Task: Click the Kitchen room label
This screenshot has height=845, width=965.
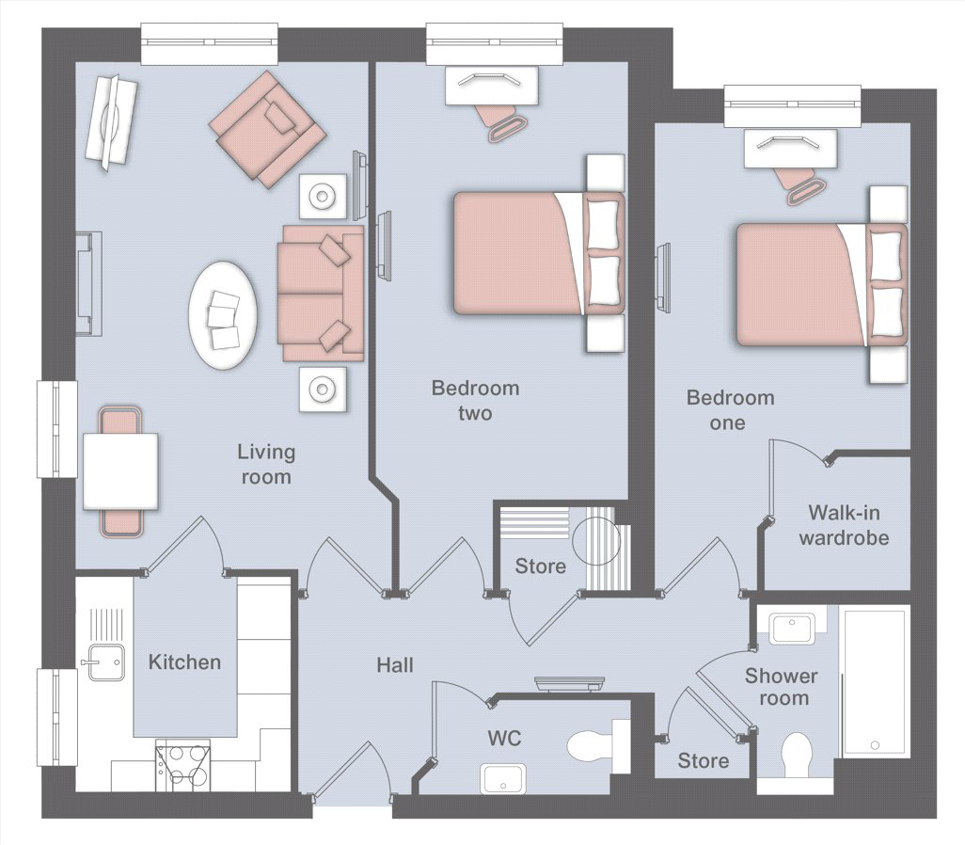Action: pos(184,662)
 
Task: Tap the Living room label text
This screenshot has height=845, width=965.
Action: pos(266,465)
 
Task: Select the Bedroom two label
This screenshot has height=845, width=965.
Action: pos(475,400)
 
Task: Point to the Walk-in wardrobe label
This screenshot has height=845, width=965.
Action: pos(844,525)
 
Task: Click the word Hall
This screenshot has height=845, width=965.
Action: pos(395,665)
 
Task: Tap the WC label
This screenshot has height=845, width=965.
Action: pos(505,738)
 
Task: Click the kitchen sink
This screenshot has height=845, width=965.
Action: pos(106,662)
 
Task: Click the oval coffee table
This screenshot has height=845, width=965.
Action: pos(223,315)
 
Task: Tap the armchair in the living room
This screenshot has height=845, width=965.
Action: pos(267,128)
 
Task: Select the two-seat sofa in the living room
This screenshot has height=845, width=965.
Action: pos(321,294)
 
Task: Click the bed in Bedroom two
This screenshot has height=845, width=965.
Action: pos(539,253)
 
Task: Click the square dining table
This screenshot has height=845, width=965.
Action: pos(120,471)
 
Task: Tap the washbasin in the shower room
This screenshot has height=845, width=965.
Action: pos(791,629)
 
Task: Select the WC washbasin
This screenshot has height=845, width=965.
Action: pos(503,778)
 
